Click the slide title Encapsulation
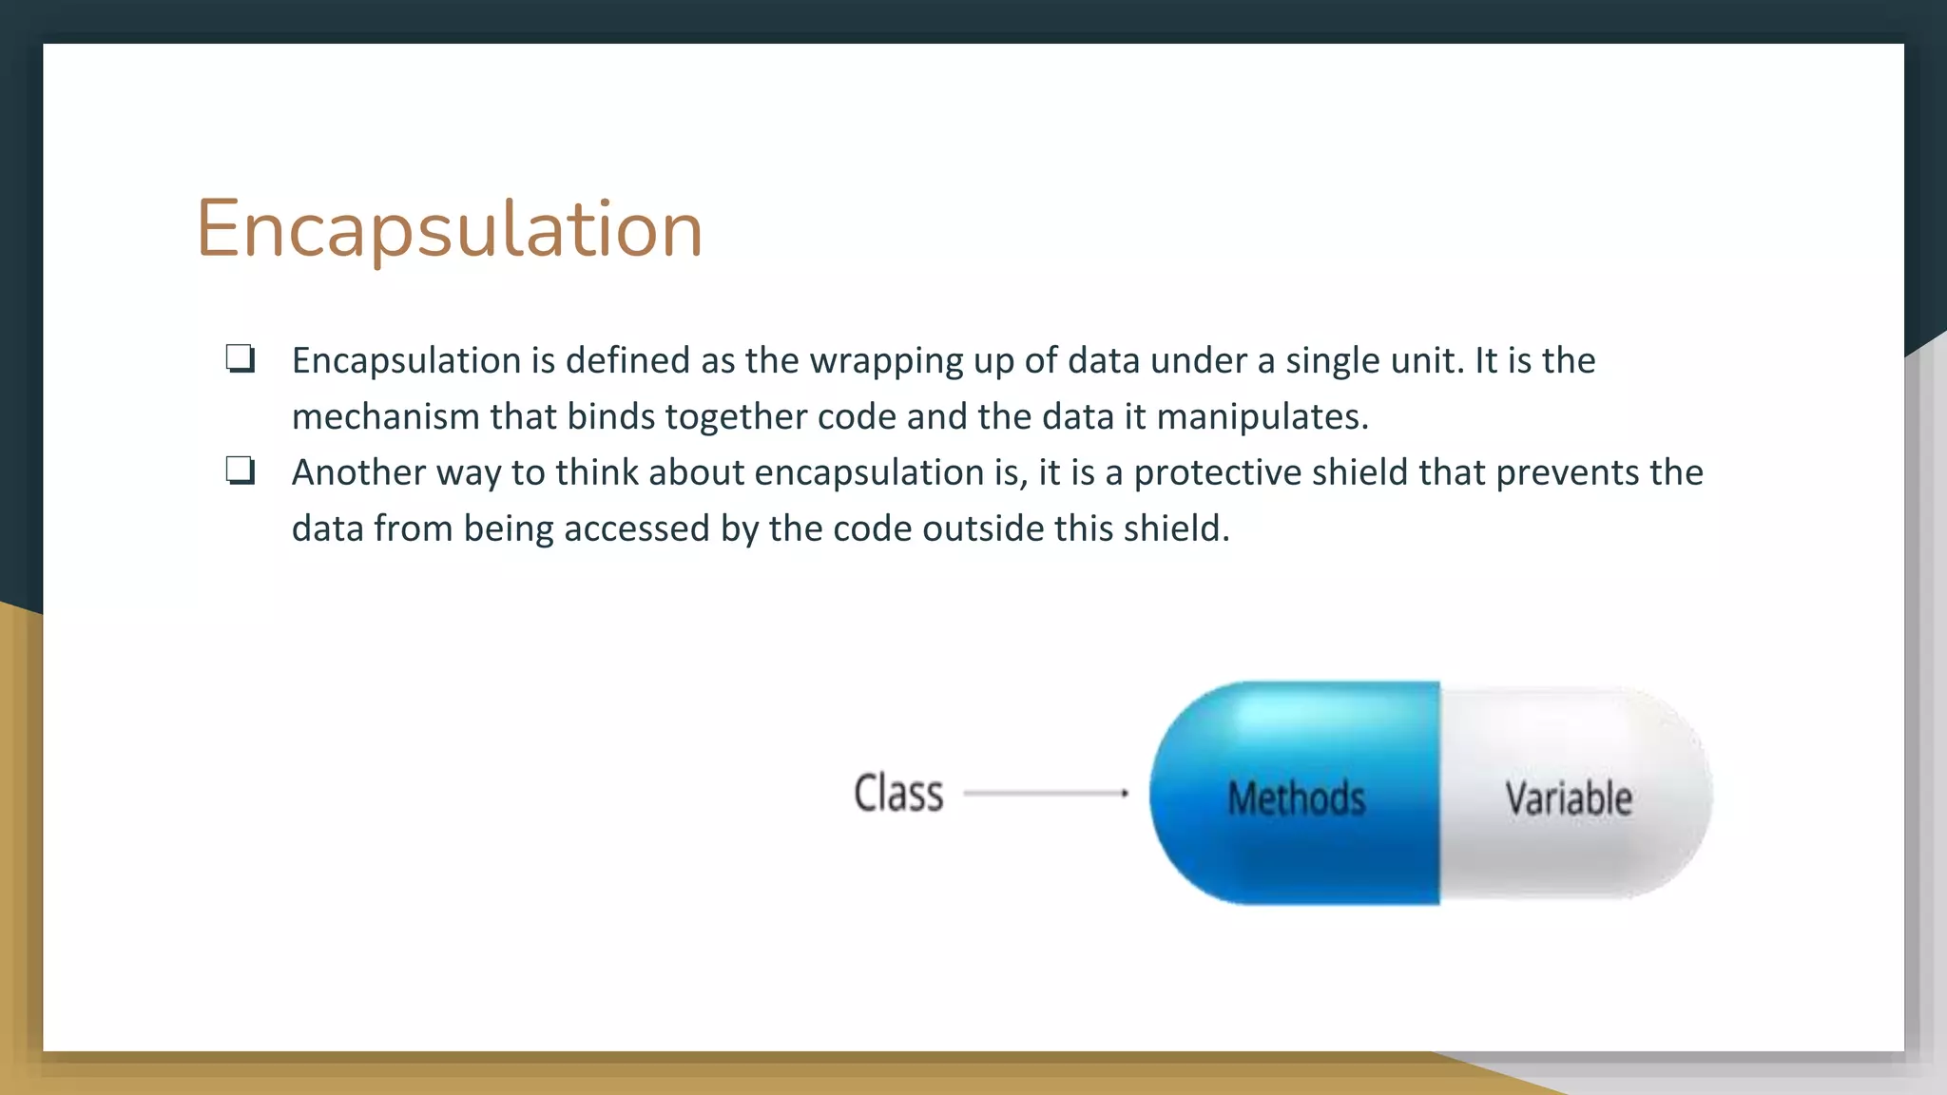click(x=449, y=229)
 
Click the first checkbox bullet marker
click(x=240, y=359)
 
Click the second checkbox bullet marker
click(x=240, y=471)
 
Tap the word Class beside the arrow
click(x=898, y=794)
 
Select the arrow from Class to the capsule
click(x=1046, y=792)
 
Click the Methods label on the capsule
click(x=1296, y=797)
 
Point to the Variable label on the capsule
click(x=1569, y=797)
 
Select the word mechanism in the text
click(x=385, y=417)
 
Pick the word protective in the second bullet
click(x=1217, y=473)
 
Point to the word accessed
click(x=636, y=528)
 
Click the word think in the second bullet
click(x=597, y=472)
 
